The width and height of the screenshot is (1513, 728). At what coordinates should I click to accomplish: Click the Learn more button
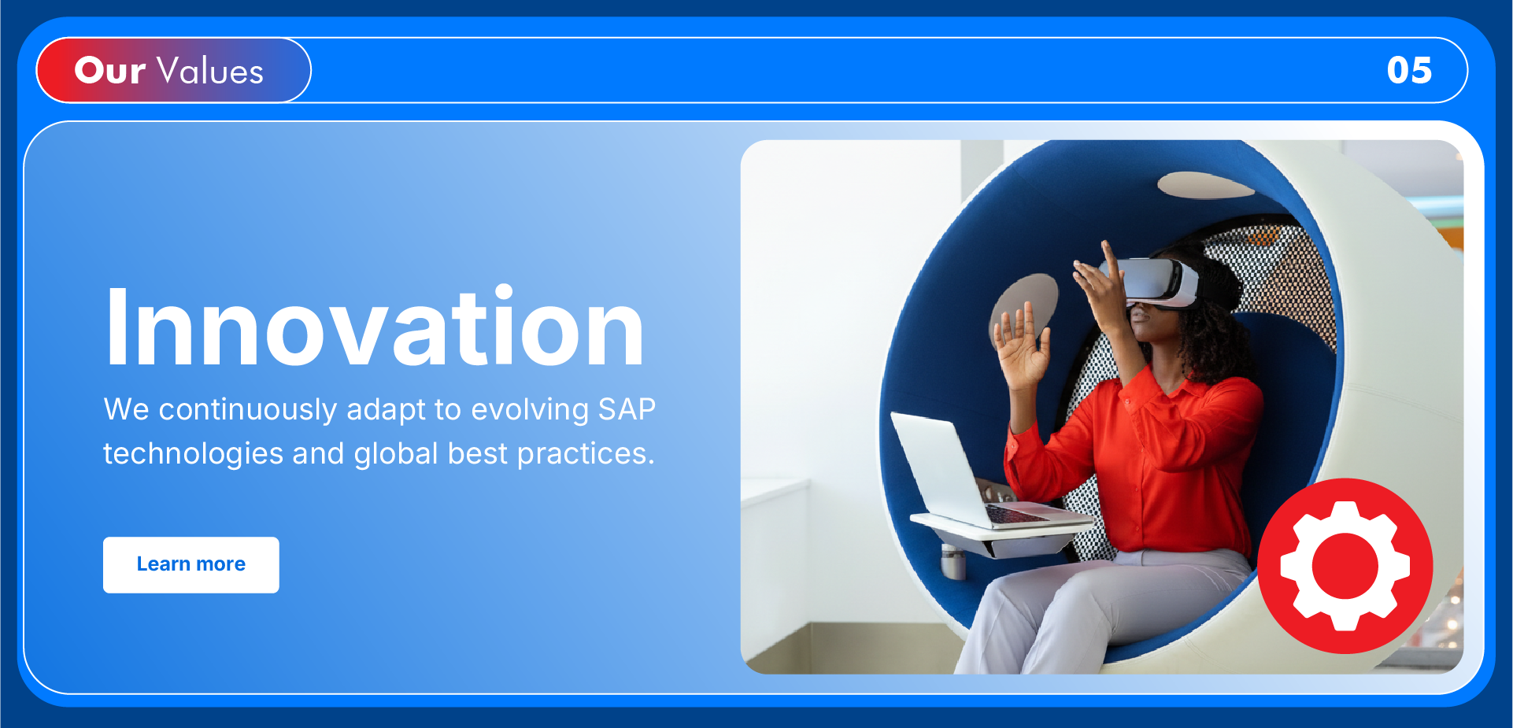[191, 565]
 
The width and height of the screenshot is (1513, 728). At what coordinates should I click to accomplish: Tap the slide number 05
[1409, 70]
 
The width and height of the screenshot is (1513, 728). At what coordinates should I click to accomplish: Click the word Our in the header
[109, 70]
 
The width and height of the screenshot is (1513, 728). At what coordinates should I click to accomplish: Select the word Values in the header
[210, 70]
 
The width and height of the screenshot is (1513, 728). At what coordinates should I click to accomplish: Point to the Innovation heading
[375, 327]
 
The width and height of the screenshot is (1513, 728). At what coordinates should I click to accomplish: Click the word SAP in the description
[627, 409]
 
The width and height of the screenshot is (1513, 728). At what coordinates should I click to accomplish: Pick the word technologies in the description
[194, 454]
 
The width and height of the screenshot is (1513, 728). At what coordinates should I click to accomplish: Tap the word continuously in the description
[248, 410]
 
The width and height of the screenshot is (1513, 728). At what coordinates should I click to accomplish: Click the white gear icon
[1345, 566]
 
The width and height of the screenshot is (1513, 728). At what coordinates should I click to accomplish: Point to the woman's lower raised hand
[1022, 347]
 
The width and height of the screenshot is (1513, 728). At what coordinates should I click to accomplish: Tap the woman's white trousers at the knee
[1023, 598]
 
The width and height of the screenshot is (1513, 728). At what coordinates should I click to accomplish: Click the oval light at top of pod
[1205, 185]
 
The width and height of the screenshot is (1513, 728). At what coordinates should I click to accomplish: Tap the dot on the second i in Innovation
[504, 291]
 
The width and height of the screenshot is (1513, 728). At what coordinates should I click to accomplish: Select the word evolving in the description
[531, 410]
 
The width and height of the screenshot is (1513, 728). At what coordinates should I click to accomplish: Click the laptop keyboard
[1015, 514]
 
